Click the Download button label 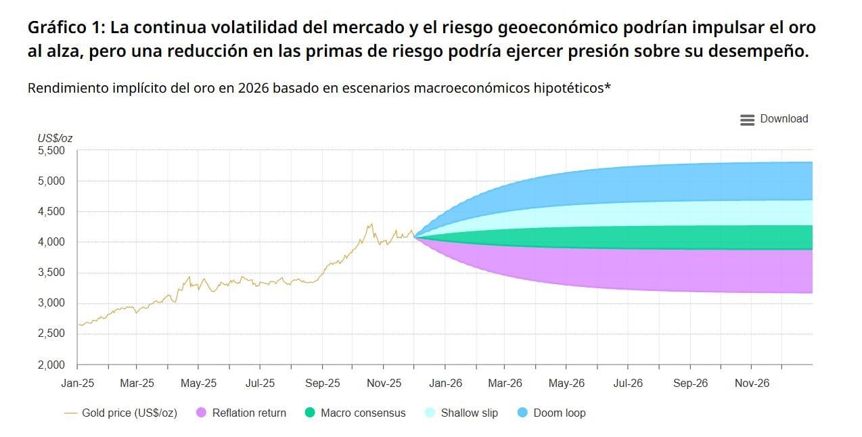(x=784, y=119)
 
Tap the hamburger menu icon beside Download (x=747, y=120)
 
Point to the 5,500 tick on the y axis (x=51, y=150)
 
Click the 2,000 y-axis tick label (x=51, y=365)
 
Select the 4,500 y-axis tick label (x=51, y=212)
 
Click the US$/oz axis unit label (x=55, y=138)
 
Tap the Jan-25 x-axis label (x=77, y=384)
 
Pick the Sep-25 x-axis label (x=323, y=384)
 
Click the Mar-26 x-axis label (x=505, y=384)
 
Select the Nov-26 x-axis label (x=752, y=384)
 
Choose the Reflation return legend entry (x=248, y=413)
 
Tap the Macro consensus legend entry (x=363, y=413)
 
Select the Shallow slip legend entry (x=469, y=413)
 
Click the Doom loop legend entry (x=559, y=413)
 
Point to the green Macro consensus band (x=677, y=237)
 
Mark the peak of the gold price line (x=371, y=224)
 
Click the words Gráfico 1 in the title (x=66, y=28)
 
